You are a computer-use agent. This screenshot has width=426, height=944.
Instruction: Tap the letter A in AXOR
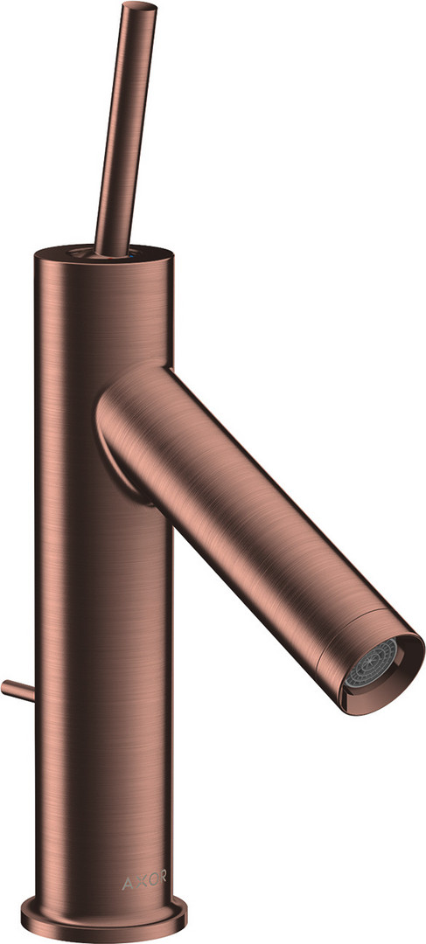pyautogui.click(x=127, y=883)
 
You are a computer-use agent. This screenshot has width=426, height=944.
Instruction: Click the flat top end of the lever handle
pyautogui.click(x=139, y=6)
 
